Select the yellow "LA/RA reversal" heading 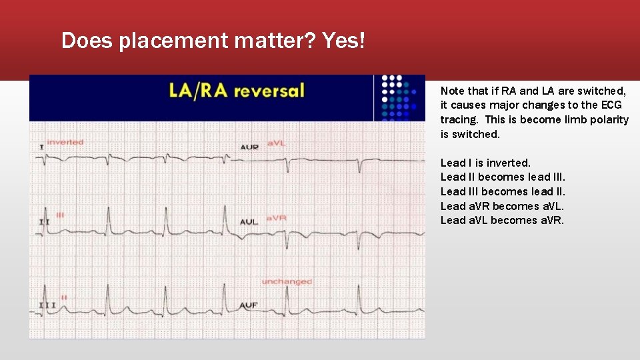237,91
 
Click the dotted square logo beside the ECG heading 399,97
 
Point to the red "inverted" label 65,142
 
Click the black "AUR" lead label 249,147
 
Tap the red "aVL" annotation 276,143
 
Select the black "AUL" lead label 249,222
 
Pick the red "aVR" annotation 276,218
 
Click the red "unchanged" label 287,281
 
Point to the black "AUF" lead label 249,305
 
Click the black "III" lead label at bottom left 47,305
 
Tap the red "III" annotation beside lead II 60,215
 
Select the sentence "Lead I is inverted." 485,163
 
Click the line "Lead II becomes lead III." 503,177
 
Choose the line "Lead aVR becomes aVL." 502,206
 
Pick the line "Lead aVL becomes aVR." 502,220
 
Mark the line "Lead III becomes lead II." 503,191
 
